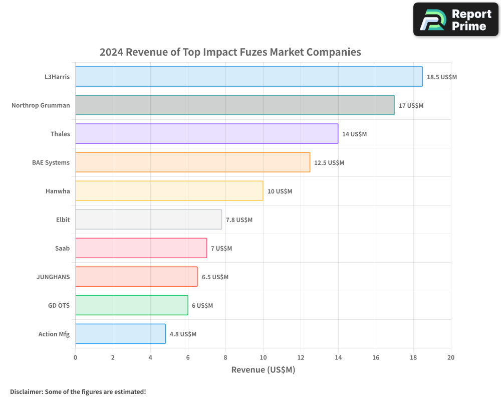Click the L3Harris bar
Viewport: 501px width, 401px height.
pyautogui.click(x=248, y=77)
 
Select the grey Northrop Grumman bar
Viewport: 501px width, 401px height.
pyautogui.click(x=234, y=105)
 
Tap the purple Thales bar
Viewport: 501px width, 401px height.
pyautogui.click(x=206, y=134)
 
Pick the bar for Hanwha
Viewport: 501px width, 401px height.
pyautogui.click(x=169, y=191)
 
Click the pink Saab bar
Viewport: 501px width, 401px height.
pyautogui.click(x=141, y=248)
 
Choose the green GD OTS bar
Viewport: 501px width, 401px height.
pyautogui.click(x=131, y=305)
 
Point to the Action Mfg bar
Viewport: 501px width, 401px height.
pyautogui.click(x=120, y=334)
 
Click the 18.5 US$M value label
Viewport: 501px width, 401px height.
pyautogui.click(x=442, y=77)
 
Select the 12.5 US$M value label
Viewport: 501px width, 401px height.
pyautogui.click(x=329, y=163)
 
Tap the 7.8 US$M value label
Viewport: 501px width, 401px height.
pyautogui.click(x=239, y=220)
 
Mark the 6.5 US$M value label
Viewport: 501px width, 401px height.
pyautogui.click(x=215, y=277)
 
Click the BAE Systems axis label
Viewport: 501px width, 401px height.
pyautogui.click(x=51, y=162)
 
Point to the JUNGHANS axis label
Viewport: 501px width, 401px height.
pyautogui.click(x=53, y=277)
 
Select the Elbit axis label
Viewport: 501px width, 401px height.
pyautogui.click(x=63, y=220)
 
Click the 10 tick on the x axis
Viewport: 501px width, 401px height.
pyautogui.click(x=263, y=358)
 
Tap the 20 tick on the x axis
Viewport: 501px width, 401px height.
pyautogui.click(x=451, y=358)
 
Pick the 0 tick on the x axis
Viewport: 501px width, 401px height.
pyautogui.click(x=75, y=358)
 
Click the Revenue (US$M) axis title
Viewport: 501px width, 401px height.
pyautogui.click(x=263, y=370)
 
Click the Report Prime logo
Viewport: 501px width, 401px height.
pyautogui.click(x=455, y=20)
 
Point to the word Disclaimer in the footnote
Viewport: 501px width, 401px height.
pyautogui.click(x=26, y=392)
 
